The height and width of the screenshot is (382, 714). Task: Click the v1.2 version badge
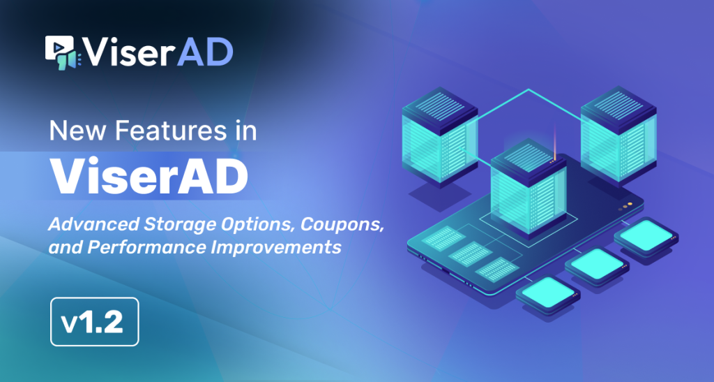95,322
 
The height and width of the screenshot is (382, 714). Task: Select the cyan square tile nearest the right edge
648,235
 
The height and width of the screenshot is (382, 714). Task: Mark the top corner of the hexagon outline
529,89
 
